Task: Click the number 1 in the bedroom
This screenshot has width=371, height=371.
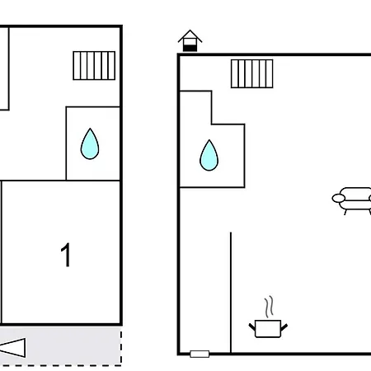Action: [66, 255]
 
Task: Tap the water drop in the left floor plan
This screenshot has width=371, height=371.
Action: [90, 144]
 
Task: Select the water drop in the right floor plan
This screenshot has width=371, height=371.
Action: [209, 156]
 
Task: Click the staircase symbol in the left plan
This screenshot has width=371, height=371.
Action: [94, 66]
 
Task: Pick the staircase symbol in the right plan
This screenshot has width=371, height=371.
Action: [252, 73]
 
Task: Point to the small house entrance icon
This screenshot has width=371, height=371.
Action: [190, 40]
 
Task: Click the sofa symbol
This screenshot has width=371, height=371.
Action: [352, 200]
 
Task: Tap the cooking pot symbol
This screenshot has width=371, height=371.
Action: [268, 328]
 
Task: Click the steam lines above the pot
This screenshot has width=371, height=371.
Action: [269, 307]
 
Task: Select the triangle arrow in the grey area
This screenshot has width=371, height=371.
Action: [12, 348]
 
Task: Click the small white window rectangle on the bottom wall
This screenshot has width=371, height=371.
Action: [200, 354]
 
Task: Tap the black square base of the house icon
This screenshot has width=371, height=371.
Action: [190, 48]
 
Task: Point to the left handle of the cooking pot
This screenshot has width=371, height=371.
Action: [252, 327]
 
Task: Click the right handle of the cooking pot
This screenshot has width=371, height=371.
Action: [284, 327]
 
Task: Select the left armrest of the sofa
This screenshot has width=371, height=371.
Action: [339, 198]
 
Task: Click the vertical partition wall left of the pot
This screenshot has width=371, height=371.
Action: [231, 293]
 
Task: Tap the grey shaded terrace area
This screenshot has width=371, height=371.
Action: [60, 346]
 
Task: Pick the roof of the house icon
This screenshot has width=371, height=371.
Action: [190, 34]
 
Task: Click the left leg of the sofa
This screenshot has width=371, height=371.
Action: [345, 212]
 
